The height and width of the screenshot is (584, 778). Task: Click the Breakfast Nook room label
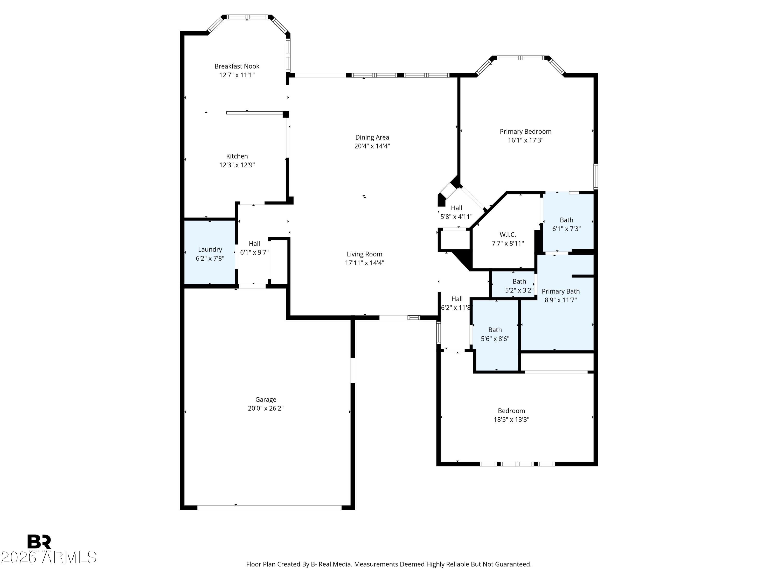click(x=237, y=66)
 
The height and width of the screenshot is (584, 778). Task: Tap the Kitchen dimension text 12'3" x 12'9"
click(x=237, y=165)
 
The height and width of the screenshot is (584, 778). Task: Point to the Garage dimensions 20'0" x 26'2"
click(x=266, y=408)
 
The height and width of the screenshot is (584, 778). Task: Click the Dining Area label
click(x=372, y=137)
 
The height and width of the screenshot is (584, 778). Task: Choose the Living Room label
click(x=364, y=254)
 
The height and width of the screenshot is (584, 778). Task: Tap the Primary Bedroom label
click(x=525, y=132)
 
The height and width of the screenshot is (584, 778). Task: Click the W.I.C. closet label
click(x=508, y=234)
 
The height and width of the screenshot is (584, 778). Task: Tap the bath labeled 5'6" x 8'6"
click(x=495, y=334)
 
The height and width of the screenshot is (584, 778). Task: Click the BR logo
click(x=39, y=542)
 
